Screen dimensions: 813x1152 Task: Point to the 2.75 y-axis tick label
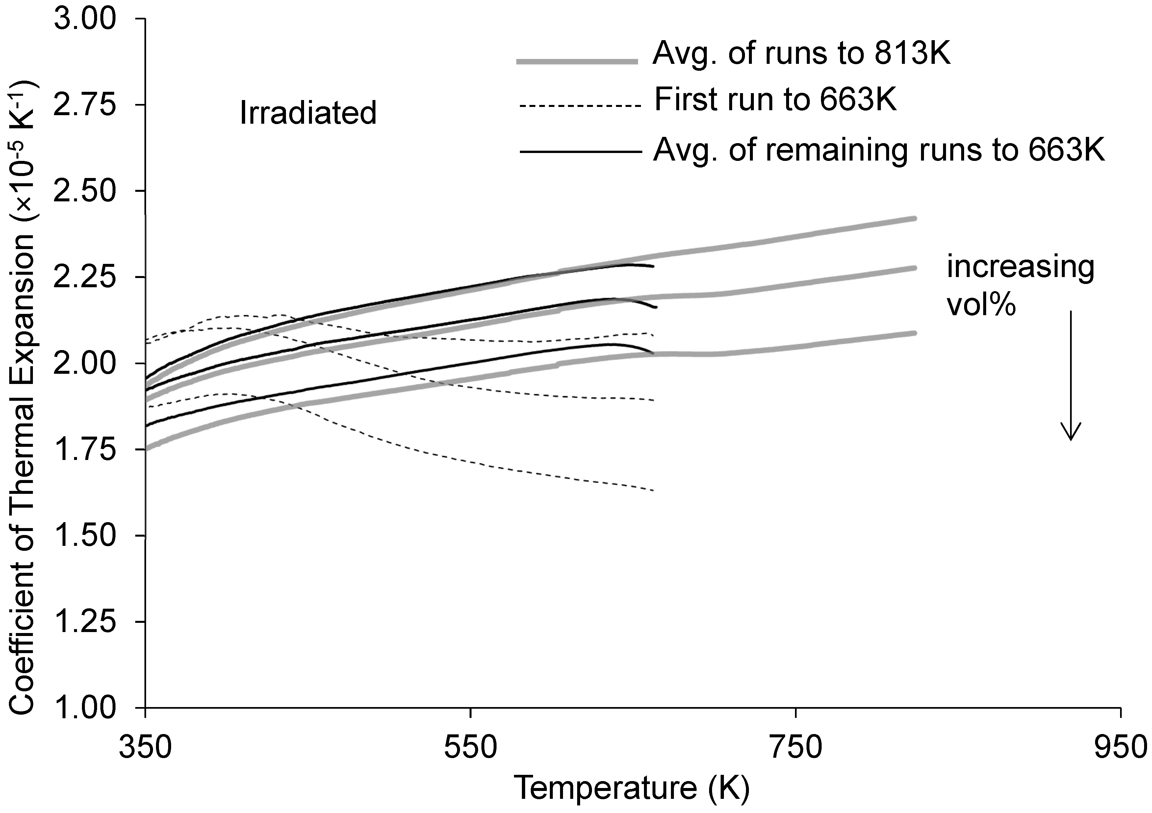(x=85, y=105)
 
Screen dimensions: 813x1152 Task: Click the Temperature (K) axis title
(x=632, y=788)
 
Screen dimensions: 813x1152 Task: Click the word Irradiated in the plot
(x=308, y=113)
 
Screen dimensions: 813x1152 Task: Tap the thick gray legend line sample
(x=577, y=62)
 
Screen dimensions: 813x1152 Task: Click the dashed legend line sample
(x=580, y=106)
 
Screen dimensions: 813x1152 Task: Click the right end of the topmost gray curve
(x=915, y=219)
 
